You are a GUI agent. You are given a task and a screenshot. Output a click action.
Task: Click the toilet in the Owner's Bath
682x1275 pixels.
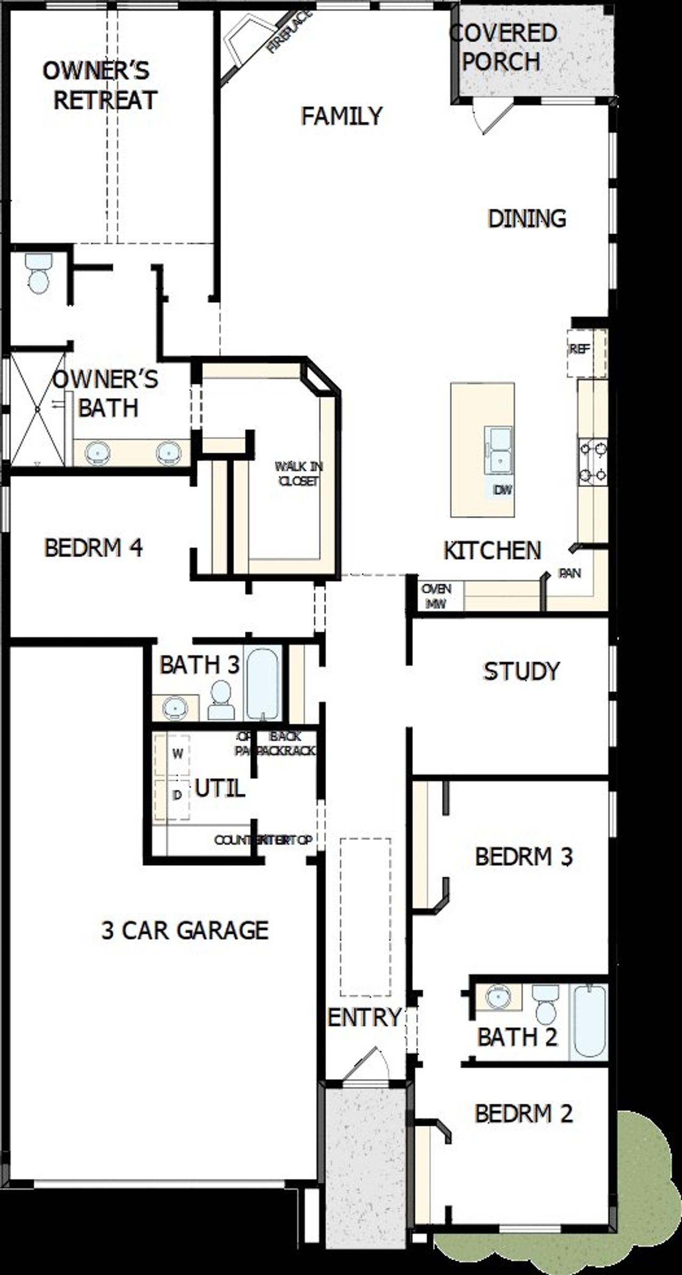pyautogui.click(x=39, y=273)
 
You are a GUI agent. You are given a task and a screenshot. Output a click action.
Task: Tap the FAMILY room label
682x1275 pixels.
pyautogui.click(x=342, y=116)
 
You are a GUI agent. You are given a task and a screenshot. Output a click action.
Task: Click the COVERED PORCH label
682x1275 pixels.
pyautogui.click(x=503, y=48)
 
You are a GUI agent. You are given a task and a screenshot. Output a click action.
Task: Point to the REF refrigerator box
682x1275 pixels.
pyautogui.click(x=580, y=350)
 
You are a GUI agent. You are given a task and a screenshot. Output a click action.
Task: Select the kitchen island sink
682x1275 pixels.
pyautogui.click(x=498, y=449)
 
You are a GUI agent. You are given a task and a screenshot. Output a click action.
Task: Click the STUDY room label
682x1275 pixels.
pyautogui.click(x=521, y=671)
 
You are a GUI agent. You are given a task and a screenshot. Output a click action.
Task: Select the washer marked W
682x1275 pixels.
pyautogui.click(x=177, y=754)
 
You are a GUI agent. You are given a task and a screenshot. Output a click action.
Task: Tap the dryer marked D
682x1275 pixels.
pyautogui.click(x=177, y=795)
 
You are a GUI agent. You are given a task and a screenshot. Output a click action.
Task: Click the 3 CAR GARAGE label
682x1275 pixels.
pyautogui.click(x=185, y=930)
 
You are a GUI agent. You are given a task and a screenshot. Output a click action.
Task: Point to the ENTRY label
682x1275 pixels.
pyautogui.click(x=364, y=1017)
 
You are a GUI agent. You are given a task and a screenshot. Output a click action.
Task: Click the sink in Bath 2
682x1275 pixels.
pyautogui.click(x=498, y=995)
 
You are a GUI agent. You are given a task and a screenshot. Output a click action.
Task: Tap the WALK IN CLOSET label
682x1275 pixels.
pyautogui.click(x=298, y=473)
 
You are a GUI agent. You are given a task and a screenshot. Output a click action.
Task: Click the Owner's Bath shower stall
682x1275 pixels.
pyautogui.click(x=37, y=409)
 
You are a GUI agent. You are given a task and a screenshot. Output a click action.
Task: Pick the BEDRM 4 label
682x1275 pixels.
pyautogui.click(x=93, y=548)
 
